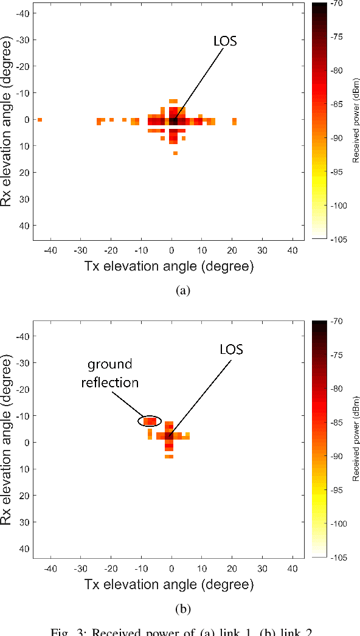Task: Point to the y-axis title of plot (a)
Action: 8,121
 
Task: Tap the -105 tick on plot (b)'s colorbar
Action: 338,558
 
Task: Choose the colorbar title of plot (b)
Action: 355,439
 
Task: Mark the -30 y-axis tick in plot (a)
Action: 22,40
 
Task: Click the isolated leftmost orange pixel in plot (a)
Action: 40,120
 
